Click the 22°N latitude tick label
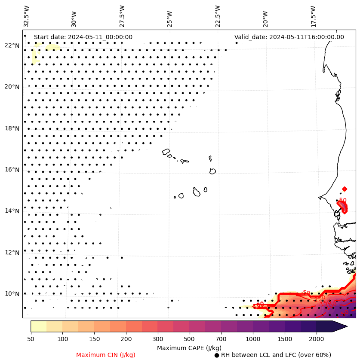pos(12,46)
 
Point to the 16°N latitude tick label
pos(12,170)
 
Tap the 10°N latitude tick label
pos(12,294)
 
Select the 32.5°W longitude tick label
pos(27,16)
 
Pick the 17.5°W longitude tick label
pos(313,16)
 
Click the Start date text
pos(83,37)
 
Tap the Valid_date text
pos(289,37)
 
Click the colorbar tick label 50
pos(31,339)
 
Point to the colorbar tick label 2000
pos(316,339)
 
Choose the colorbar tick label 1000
pos(253,339)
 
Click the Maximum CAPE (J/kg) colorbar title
pos(189,348)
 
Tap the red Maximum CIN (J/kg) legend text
pos(106,355)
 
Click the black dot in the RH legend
pos(217,355)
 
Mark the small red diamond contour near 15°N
pos(345,189)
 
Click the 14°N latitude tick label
pos(12,211)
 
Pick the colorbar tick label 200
pos(126,339)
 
